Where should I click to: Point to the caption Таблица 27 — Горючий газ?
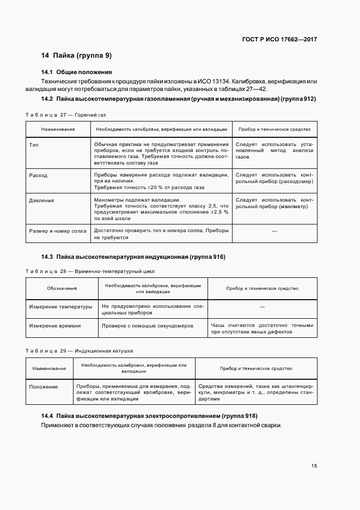[66, 116]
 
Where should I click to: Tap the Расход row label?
[38, 175]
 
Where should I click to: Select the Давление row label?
[41, 201]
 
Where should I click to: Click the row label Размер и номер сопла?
[58, 231]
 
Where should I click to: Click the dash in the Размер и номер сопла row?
[274, 232]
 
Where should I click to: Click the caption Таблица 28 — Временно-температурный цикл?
[90, 270]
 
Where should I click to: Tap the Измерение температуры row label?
[60, 307]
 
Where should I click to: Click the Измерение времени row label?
[55, 326]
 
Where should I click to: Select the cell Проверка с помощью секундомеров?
[148, 326]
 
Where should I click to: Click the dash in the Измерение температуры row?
[262, 307]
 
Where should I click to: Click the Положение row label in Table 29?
[44, 387]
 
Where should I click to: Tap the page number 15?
[314, 465]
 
